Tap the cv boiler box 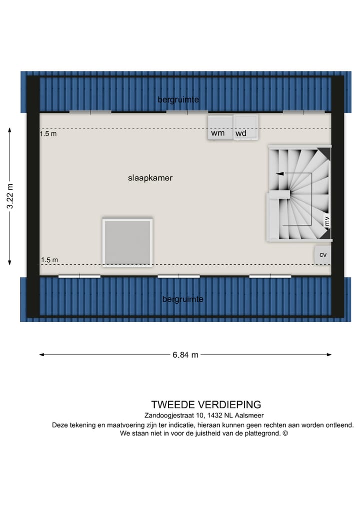coord(323,255)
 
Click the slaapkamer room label coord(150,178)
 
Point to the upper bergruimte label coord(178,100)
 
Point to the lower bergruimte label coord(182,299)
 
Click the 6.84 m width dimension coord(185,355)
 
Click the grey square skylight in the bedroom coord(127,242)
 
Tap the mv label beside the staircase coord(327,222)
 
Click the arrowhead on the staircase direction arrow coord(278,173)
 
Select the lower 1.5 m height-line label coord(49,260)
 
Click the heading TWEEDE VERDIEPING coord(206,405)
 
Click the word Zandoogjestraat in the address coord(167,415)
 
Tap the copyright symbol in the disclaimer coord(285,434)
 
